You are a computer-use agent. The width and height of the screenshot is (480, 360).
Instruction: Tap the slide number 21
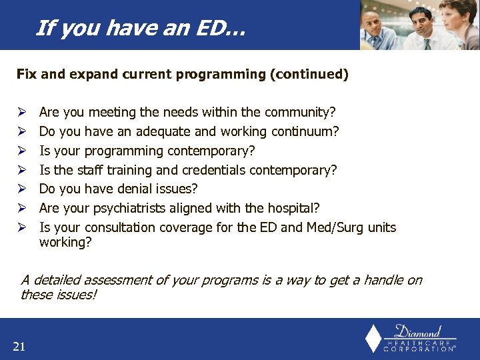pos(19,345)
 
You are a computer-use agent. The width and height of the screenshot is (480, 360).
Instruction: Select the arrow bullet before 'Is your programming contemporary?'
pos(21,151)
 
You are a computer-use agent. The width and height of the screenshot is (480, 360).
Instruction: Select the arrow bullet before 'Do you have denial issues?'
pos(21,189)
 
